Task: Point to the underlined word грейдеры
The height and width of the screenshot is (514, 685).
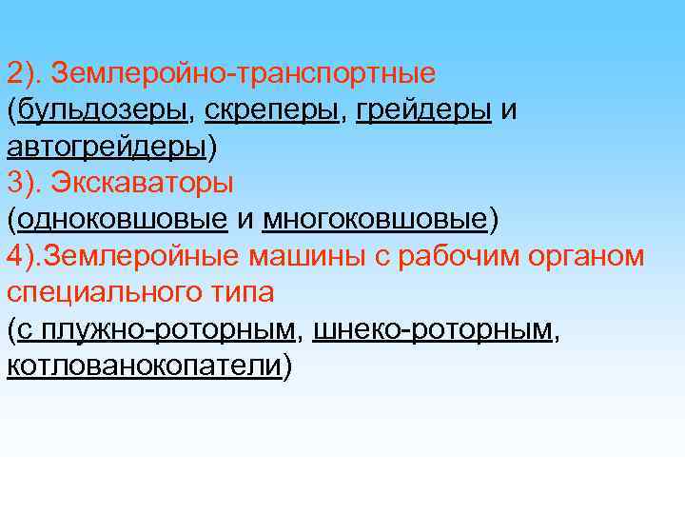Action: point(423,110)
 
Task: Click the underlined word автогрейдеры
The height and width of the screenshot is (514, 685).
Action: point(107,147)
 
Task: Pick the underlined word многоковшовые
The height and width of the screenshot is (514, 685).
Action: point(375,219)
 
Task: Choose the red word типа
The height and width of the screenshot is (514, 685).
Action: point(243,292)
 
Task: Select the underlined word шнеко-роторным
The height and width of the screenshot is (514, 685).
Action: point(433,329)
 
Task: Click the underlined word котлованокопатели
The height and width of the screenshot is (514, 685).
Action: point(145,366)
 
